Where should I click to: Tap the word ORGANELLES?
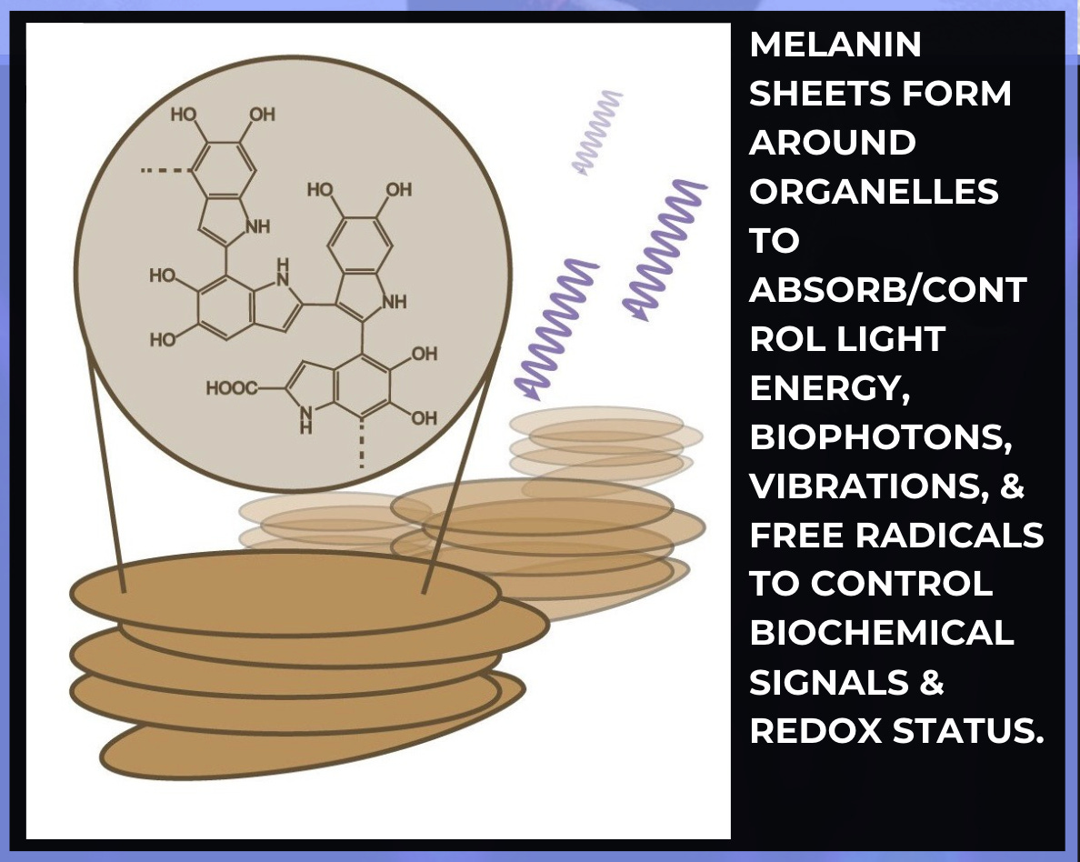874,193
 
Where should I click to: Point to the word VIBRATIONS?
872,486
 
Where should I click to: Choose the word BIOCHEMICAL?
880,634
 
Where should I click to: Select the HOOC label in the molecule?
231,388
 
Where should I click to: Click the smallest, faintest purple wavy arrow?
597,132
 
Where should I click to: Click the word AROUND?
832,144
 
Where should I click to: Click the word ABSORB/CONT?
887,290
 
